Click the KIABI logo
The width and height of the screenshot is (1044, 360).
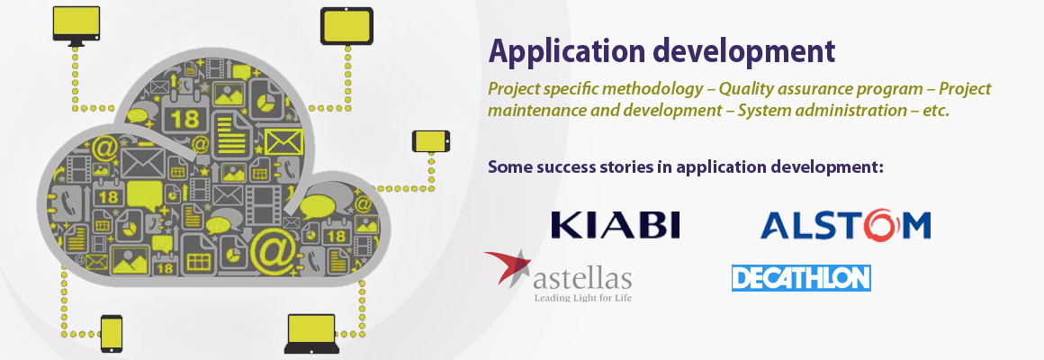[616, 225]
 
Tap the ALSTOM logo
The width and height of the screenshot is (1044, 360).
[846, 225]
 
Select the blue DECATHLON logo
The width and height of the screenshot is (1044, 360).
[801, 278]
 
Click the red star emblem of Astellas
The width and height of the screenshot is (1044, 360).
[508, 267]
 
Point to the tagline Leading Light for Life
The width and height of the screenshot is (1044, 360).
[582, 297]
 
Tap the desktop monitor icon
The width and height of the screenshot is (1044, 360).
[76, 26]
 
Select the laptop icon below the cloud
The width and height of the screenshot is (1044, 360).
[311, 333]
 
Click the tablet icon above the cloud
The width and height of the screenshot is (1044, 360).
[346, 26]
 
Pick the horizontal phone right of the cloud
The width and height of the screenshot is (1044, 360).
[431, 141]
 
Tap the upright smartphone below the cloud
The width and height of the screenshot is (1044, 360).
[112, 333]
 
